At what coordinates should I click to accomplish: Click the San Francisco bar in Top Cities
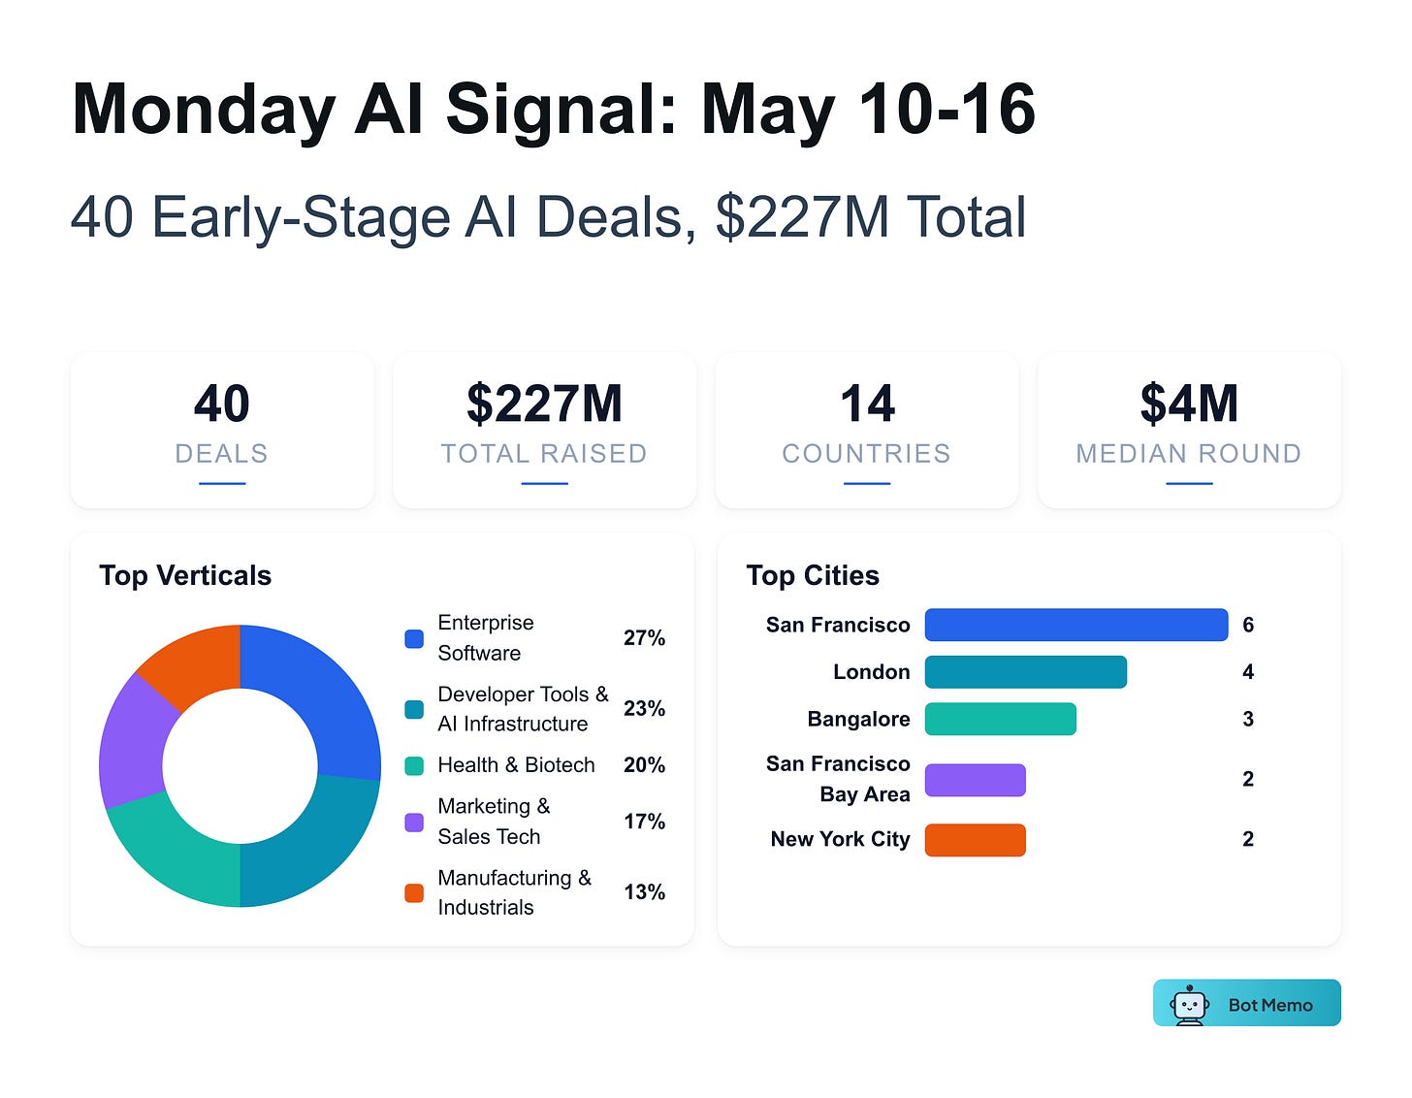point(1075,625)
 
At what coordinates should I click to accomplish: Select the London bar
point(1025,672)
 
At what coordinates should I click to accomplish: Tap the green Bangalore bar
point(1000,719)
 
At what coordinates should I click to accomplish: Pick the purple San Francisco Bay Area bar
point(975,780)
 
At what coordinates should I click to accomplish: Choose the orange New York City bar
point(975,839)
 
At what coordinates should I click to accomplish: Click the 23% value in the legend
point(644,708)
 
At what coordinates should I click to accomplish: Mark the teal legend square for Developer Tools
point(414,709)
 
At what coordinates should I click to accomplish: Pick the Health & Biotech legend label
point(516,764)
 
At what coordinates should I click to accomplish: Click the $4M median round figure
point(1189,403)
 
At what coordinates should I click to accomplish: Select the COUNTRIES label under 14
point(866,453)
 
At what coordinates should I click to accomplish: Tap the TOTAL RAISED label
point(544,453)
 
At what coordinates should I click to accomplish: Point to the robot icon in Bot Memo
point(1189,1005)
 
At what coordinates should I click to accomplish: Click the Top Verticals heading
point(185,575)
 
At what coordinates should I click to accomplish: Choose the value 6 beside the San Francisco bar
point(1247,625)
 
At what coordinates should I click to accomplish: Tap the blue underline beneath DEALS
point(221,483)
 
